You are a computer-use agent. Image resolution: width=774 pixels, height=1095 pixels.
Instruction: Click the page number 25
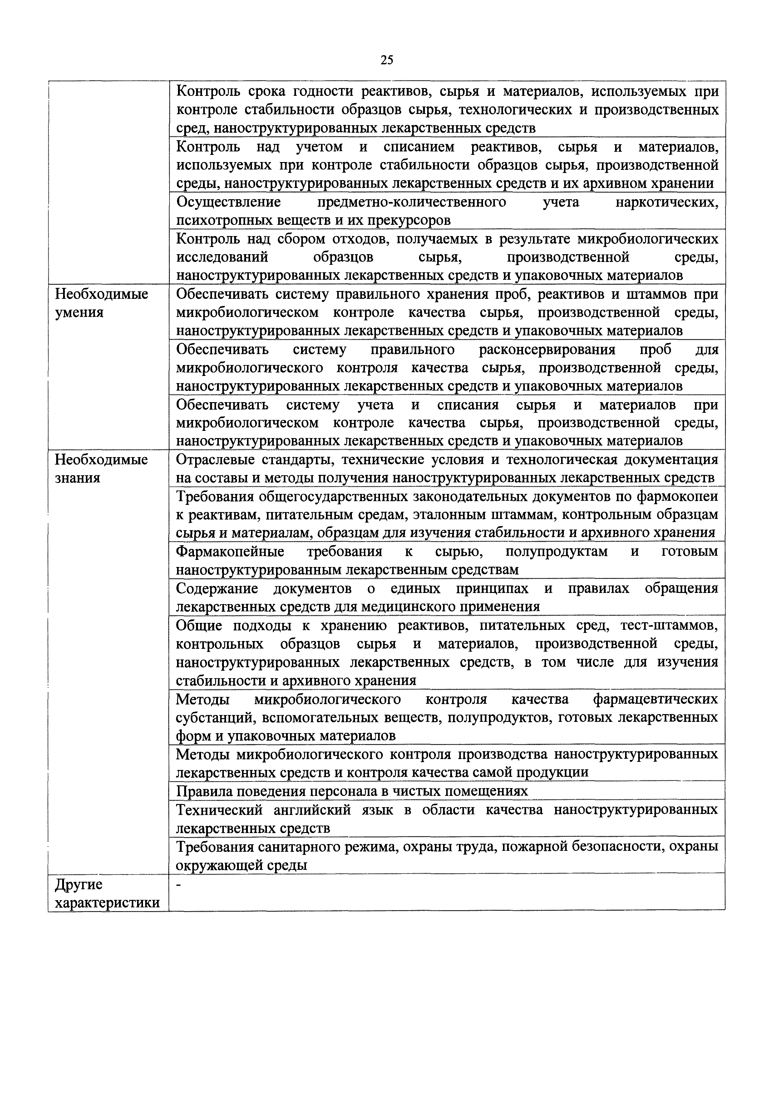(387, 60)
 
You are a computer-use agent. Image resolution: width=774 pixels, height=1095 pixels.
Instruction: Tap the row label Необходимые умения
(101, 303)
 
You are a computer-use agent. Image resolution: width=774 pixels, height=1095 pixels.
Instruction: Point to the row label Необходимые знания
(101, 468)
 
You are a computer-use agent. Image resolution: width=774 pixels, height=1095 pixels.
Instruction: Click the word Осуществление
(229, 202)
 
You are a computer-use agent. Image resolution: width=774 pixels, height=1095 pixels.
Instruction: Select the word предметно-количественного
(412, 202)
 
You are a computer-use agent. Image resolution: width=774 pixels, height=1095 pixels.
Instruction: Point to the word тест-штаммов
(669, 625)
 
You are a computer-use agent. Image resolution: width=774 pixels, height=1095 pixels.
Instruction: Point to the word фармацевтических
(655, 699)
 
